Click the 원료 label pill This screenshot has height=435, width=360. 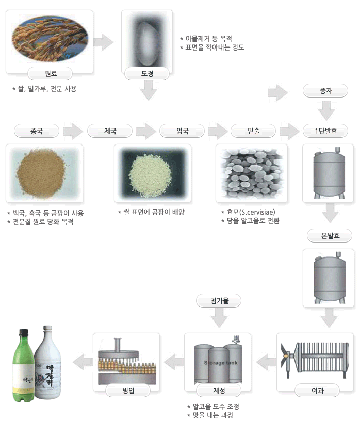pos(50,73)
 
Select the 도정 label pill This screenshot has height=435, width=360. pos(147,73)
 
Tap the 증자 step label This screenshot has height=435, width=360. pos(325,91)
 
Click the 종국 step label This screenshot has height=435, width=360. pos(37,131)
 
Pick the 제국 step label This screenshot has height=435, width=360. pos(110,131)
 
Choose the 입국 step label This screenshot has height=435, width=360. pos(182,131)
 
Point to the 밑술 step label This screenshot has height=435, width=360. pos(253,131)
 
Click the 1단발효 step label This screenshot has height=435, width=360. pos(325,131)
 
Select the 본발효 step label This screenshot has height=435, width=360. pos(330,235)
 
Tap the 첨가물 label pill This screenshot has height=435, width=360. pos(219,300)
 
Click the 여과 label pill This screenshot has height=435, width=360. pos(317,390)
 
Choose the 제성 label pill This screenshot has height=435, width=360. pos(219,390)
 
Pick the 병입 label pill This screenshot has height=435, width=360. pos(128,390)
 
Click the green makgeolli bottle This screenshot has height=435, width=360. pos(24,366)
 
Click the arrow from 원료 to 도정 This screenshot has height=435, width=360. pos(104,42)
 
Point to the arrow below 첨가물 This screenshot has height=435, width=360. pos(219,318)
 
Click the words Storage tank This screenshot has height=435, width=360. pos(221,363)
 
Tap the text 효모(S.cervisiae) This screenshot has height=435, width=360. pos(251,212)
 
